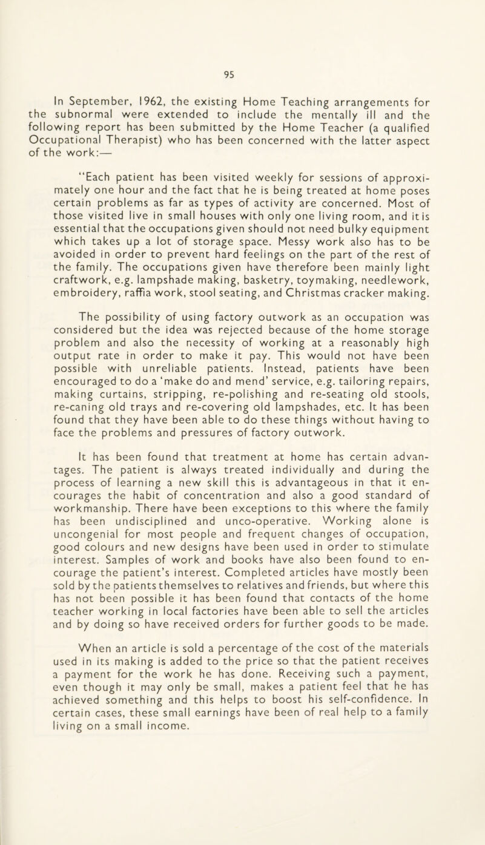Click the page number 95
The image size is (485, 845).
[242, 59]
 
